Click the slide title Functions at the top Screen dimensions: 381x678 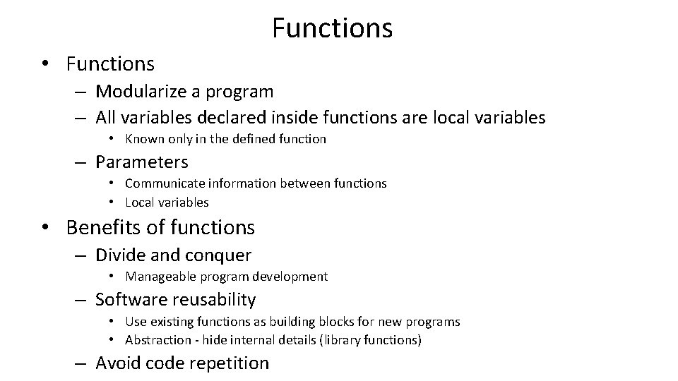(x=332, y=28)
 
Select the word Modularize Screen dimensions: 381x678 (x=138, y=91)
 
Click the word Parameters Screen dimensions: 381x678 (x=142, y=162)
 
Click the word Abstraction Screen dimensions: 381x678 (x=160, y=340)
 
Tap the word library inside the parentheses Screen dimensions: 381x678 (x=344, y=340)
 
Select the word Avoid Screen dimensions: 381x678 (x=118, y=363)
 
